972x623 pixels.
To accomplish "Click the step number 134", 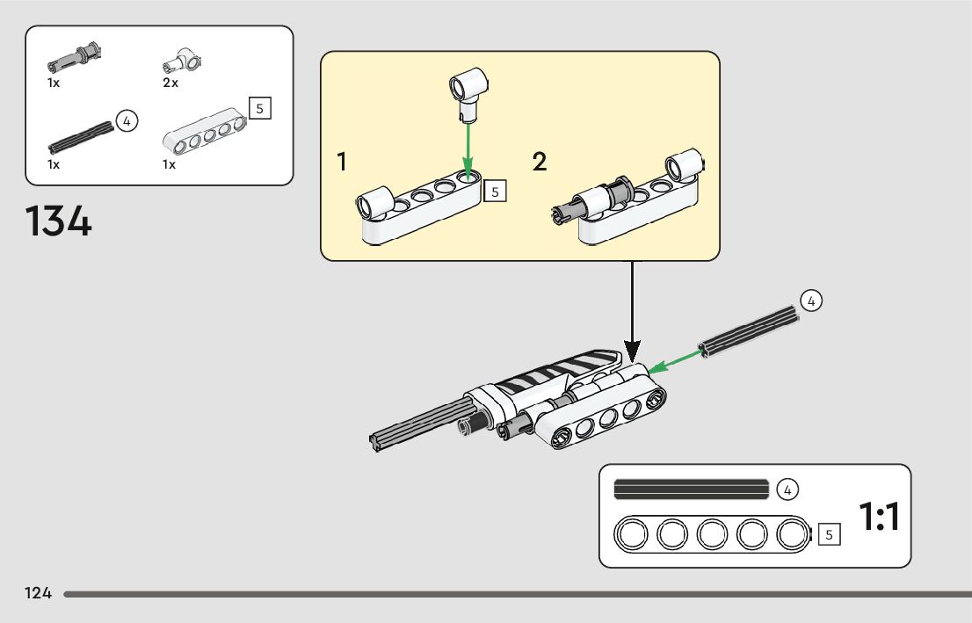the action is (x=58, y=221).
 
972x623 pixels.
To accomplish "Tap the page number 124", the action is (x=38, y=593).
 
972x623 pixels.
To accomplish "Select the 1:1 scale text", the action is (x=879, y=517).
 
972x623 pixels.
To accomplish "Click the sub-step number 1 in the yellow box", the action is (x=342, y=161).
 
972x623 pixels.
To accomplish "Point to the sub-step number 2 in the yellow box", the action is (x=540, y=161).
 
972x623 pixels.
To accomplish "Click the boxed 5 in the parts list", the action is (x=260, y=108).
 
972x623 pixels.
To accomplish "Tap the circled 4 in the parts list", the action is (x=127, y=121).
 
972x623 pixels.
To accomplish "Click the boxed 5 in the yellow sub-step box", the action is (x=495, y=192).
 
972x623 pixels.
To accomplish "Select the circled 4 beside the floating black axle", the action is (x=811, y=301).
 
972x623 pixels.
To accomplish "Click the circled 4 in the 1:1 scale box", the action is (x=787, y=489).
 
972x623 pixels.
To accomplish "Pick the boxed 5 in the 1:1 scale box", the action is (x=829, y=534).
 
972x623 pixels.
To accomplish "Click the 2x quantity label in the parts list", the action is (x=170, y=83).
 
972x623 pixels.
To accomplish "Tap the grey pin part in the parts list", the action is (x=75, y=58).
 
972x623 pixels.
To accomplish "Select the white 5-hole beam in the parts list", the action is (x=205, y=131).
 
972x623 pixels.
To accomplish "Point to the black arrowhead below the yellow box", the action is (x=632, y=351).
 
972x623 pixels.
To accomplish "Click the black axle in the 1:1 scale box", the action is (x=691, y=489).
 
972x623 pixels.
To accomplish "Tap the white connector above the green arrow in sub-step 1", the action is (x=468, y=94).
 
